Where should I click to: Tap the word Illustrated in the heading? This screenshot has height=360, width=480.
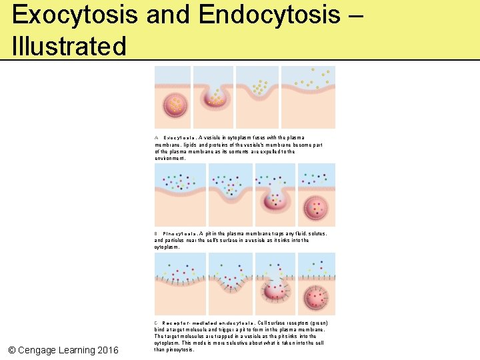69,47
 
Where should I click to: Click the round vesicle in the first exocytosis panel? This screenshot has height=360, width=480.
175,105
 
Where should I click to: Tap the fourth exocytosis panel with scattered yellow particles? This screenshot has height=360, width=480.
308,97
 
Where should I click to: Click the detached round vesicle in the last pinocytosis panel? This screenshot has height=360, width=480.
317,207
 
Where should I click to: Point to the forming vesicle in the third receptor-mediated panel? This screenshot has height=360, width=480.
273,291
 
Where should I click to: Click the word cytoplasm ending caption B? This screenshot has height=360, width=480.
167,247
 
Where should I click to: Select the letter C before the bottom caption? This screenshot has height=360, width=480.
156,323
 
